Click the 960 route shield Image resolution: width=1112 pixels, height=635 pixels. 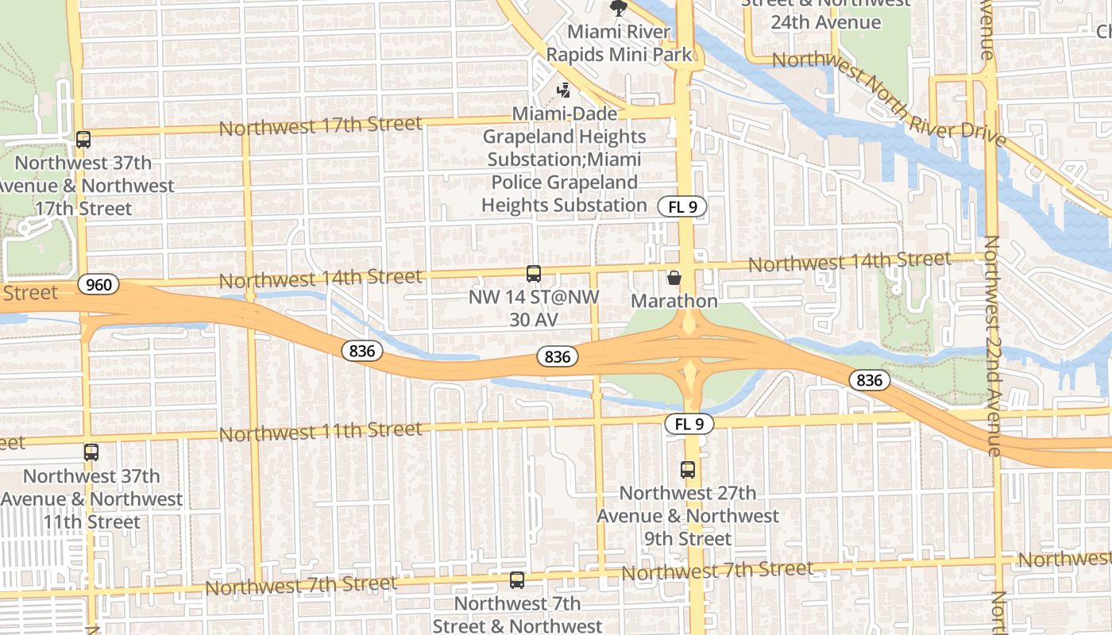[98, 284]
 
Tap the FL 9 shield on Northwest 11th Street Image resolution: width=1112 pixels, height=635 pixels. [689, 424]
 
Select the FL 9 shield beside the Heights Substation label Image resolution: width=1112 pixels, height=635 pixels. [681, 207]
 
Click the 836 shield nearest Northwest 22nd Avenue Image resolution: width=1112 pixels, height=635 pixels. [869, 380]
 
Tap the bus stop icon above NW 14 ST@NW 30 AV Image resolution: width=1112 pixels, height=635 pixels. [534, 274]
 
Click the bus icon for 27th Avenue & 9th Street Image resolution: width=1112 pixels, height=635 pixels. [688, 470]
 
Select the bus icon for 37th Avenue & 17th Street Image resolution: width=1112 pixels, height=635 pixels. [83, 140]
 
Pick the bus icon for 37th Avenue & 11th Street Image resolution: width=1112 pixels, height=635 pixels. [91, 452]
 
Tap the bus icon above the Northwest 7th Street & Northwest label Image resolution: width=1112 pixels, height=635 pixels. [517, 580]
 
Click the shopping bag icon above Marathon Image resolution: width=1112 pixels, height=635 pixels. [674, 277]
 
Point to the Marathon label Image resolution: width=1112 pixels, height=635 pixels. [674, 302]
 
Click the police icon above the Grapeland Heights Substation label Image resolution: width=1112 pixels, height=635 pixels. [564, 90]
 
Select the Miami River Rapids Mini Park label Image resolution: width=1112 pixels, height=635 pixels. [619, 44]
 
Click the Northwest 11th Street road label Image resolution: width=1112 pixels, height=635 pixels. [320, 432]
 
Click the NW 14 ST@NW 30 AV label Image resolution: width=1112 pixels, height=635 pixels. [533, 308]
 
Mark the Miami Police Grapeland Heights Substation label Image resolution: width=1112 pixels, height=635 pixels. [564, 160]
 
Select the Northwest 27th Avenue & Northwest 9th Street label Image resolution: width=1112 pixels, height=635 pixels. [688, 516]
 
